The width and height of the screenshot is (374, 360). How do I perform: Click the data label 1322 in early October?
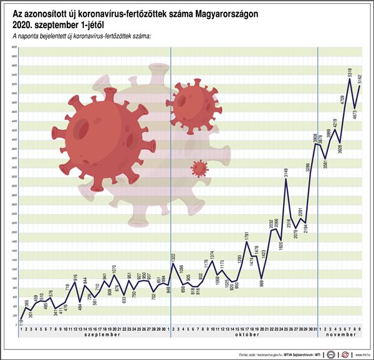point(172,257)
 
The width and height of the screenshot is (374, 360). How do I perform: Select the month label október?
point(243,335)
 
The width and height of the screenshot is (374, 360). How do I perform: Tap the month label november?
point(340,335)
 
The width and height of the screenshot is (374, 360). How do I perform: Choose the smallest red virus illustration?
point(199,168)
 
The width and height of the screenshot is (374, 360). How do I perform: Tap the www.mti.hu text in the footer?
point(363,354)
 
